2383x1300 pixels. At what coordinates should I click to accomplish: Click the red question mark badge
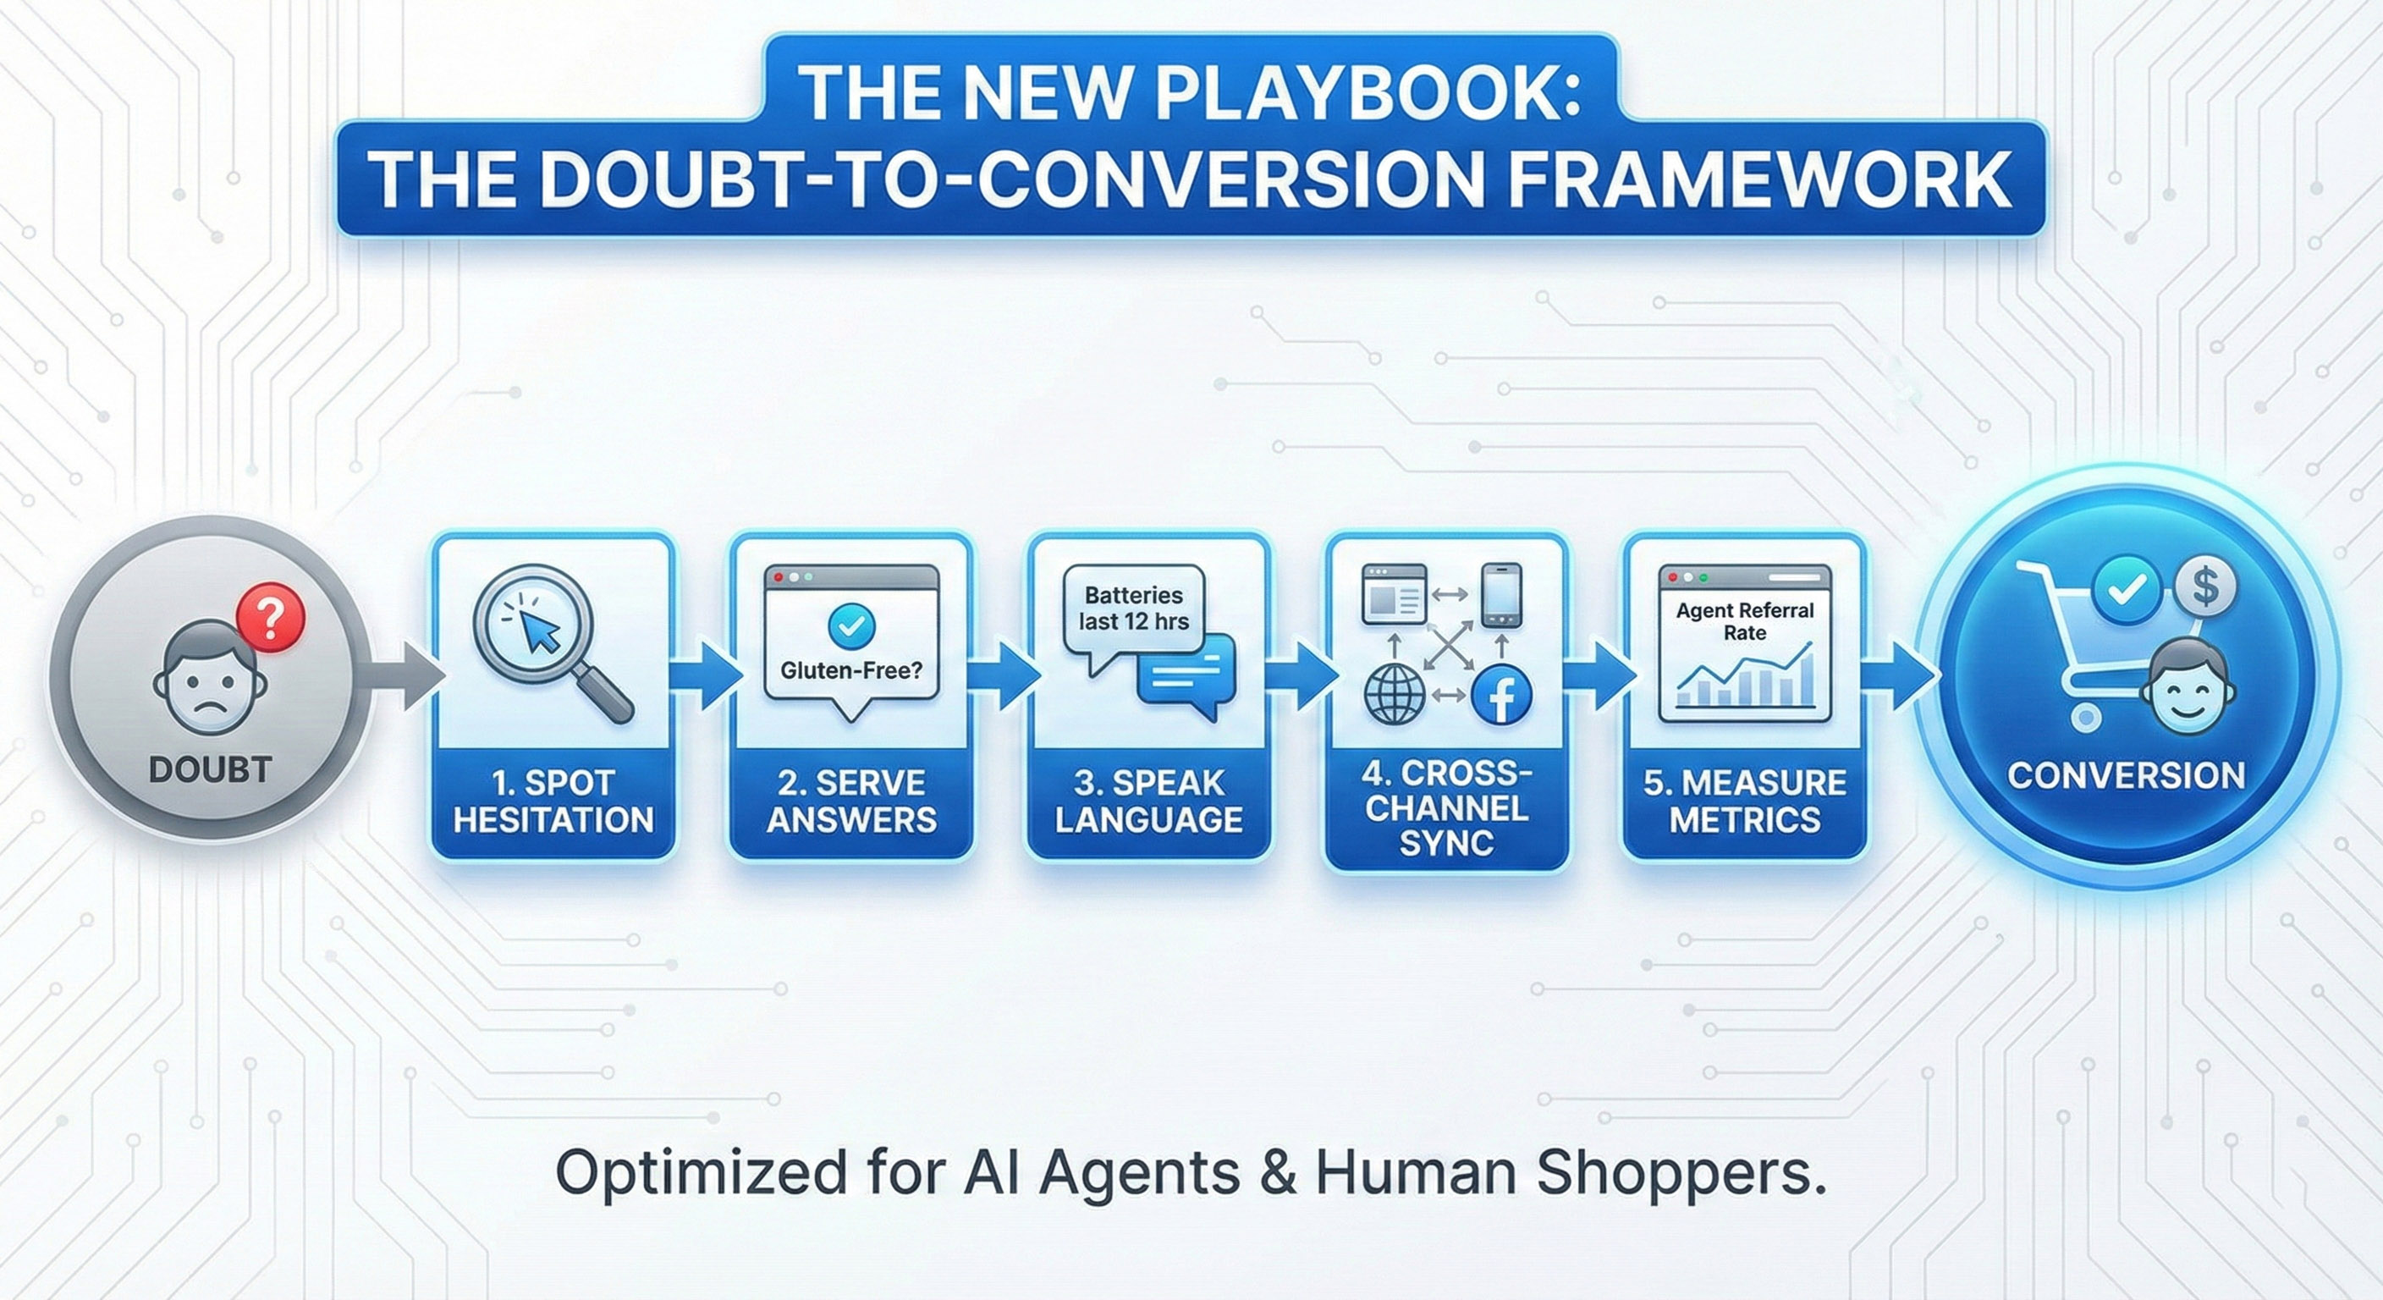click(269, 619)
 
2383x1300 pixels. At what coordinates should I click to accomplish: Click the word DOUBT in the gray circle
click(210, 770)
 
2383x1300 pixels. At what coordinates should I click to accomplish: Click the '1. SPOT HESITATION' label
click(553, 801)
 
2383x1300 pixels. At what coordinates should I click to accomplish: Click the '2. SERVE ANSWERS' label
click(851, 801)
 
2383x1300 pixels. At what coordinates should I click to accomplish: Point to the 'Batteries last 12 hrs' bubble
click(1133, 608)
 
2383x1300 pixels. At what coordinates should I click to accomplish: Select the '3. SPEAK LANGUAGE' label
click(1149, 801)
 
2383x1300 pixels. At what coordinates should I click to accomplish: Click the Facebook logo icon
click(1500, 696)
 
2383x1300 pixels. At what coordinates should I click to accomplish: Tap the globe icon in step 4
click(1395, 695)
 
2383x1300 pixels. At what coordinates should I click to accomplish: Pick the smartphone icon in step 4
click(1500, 595)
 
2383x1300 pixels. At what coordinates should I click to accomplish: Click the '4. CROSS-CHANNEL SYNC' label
click(1447, 807)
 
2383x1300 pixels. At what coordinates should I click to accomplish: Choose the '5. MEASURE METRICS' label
click(1745, 801)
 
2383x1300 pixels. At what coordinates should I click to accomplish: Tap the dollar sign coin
click(2205, 586)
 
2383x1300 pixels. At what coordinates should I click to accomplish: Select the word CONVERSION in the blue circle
click(2126, 775)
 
